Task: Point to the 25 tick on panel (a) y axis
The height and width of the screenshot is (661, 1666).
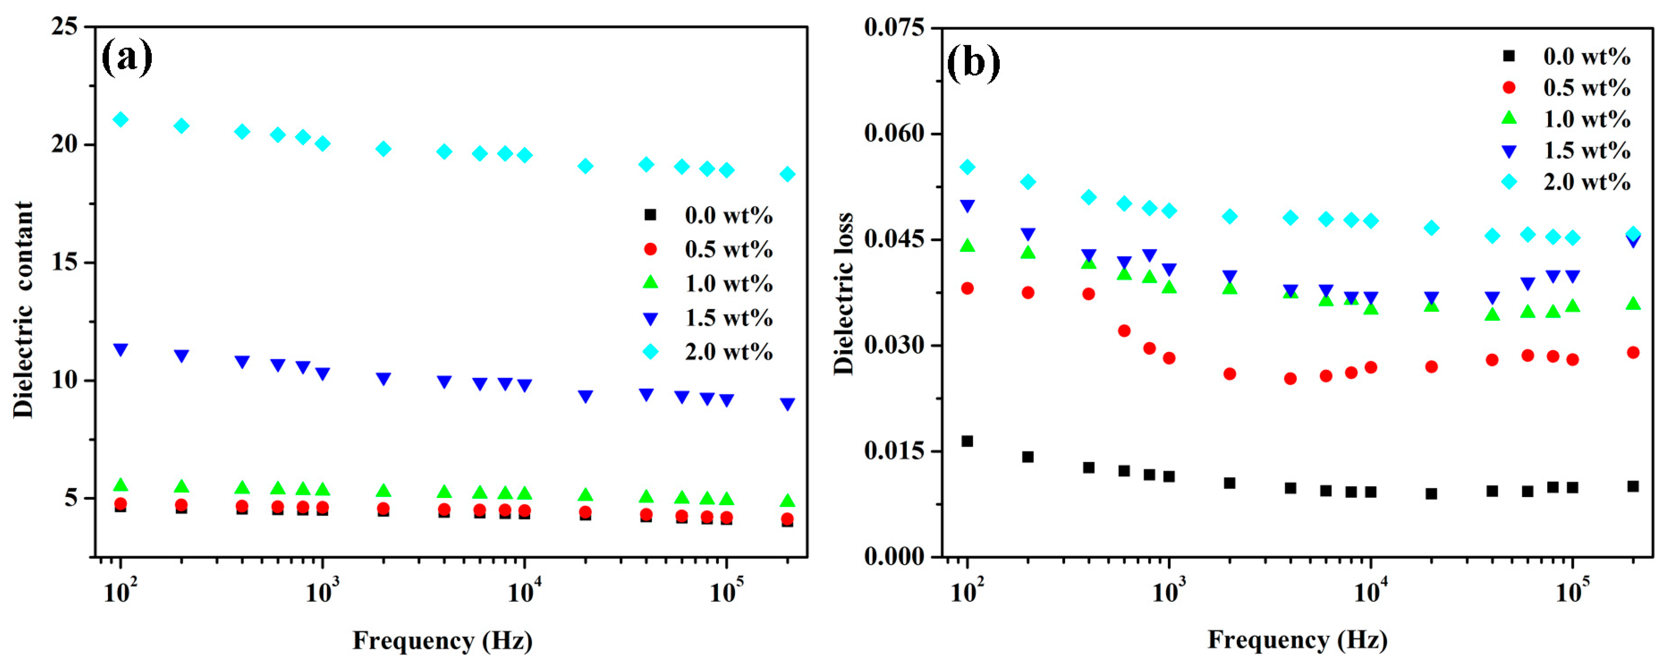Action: point(65,27)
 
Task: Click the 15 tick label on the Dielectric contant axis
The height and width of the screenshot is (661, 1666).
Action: point(65,262)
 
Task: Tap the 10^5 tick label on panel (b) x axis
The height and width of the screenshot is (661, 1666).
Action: point(1572,591)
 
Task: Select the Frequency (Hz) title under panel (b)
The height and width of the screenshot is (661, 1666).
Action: point(1297,640)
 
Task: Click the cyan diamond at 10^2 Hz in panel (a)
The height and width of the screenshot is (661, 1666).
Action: point(120,120)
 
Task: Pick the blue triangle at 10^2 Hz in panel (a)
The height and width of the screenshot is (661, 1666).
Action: point(120,350)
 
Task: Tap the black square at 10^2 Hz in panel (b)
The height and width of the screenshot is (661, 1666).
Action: point(967,441)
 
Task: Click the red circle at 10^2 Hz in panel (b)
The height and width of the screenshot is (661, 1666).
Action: point(967,288)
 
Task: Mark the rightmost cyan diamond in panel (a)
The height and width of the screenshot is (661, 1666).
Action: point(787,174)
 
